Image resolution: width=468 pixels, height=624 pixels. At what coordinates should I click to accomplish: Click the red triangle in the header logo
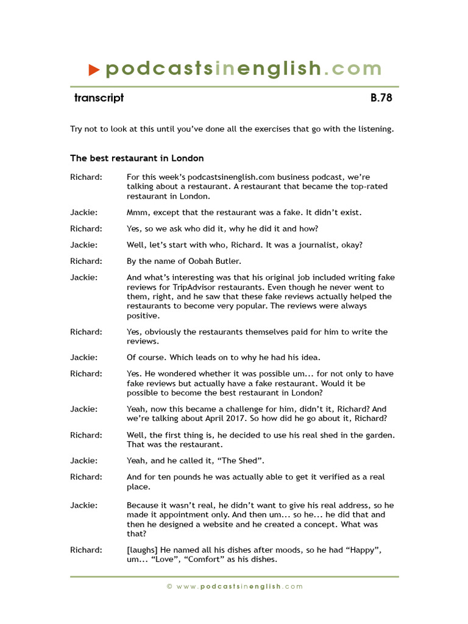[x=93, y=70]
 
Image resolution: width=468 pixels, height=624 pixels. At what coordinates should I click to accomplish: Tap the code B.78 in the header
[x=381, y=98]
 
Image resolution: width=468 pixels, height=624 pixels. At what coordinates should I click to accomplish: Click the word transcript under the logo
[x=99, y=98]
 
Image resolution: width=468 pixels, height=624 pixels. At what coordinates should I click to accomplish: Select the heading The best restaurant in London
[x=137, y=158]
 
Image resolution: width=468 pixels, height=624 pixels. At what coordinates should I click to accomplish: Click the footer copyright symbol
[x=169, y=586]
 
